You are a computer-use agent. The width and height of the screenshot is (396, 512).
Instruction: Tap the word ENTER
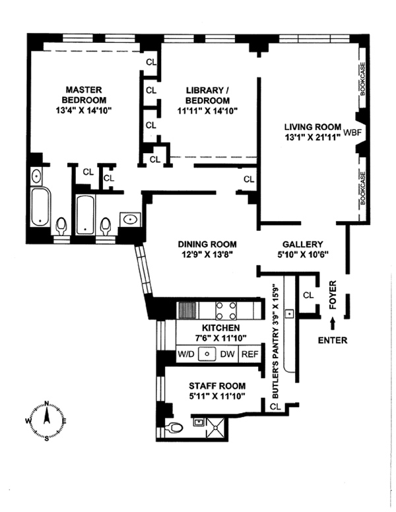point(332,340)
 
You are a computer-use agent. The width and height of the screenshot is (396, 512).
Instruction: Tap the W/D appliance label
point(187,354)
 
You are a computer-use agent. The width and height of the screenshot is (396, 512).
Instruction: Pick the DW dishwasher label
point(227,354)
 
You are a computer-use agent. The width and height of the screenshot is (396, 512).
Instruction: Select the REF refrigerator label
point(249,354)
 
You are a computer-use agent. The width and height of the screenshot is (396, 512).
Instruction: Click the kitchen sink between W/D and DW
point(207,354)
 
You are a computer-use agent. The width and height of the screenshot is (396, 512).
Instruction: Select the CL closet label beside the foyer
point(308,296)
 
